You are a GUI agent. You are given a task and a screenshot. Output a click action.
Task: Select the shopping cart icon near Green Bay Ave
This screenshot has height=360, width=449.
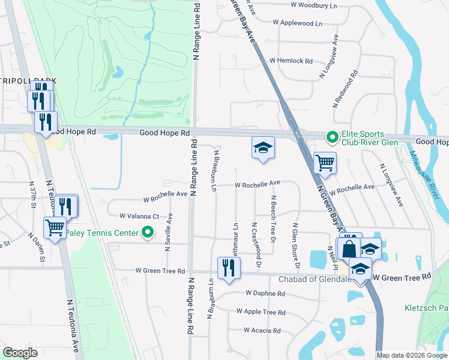pos(325,162)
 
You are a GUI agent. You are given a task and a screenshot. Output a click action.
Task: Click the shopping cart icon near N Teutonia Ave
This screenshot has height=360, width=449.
pos(55,228)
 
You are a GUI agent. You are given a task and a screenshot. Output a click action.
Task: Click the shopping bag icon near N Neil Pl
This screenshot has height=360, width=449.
pos(349,247)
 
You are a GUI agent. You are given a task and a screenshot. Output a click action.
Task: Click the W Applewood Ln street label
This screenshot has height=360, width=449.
pos(297,23)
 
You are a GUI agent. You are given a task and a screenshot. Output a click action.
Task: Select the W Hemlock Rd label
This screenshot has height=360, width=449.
pos(291,61)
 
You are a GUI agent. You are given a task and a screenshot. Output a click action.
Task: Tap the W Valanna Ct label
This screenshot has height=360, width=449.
pos(139,216)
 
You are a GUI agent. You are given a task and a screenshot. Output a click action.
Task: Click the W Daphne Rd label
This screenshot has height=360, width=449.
pos(265,293)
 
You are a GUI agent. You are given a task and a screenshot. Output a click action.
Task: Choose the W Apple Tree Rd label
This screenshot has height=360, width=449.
pos(261,312)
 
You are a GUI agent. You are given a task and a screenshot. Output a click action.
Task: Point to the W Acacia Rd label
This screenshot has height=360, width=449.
pos(262,331)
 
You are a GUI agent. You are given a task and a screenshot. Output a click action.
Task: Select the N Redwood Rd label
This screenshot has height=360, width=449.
pos(345,89)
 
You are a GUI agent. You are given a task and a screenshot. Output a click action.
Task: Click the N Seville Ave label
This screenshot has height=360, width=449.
pos(170,229)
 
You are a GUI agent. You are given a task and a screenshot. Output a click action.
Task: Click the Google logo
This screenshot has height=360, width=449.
pos(20,353)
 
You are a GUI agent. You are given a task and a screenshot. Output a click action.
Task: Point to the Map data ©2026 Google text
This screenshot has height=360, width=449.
pos(412,355)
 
